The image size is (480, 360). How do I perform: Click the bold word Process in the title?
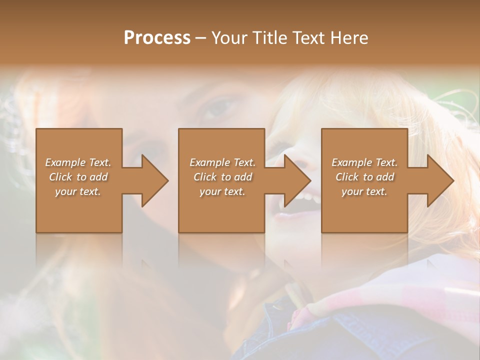pyautogui.click(x=157, y=37)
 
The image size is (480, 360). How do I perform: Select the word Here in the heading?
pyautogui.click(x=349, y=37)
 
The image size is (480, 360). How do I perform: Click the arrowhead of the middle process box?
pyautogui.click(x=297, y=180)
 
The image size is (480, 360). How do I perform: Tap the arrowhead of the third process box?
pyautogui.click(x=440, y=180)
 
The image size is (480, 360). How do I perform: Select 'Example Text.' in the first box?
pyautogui.click(x=78, y=162)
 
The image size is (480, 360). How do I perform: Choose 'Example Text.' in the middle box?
pyautogui.click(x=222, y=162)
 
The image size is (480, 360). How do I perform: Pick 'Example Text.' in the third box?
pyautogui.click(x=364, y=162)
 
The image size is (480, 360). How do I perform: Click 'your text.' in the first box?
pyautogui.click(x=78, y=191)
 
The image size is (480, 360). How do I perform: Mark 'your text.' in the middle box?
pyautogui.click(x=222, y=191)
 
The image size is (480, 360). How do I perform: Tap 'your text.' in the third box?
pyautogui.click(x=364, y=191)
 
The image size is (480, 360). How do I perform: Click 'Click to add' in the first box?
pyautogui.click(x=78, y=177)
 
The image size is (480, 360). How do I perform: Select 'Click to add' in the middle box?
pyautogui.click(x=222, y=177)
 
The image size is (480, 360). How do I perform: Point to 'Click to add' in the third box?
pyautogui.click(x=364, y=177)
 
